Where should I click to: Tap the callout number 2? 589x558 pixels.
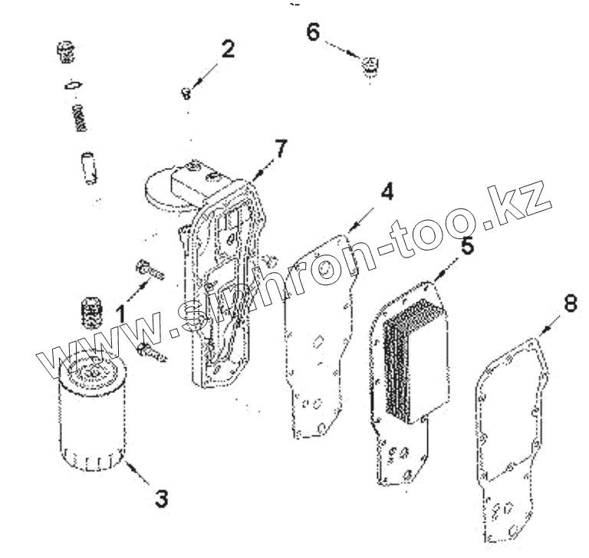click(x=227, y=50)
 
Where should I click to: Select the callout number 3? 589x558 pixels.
click(x=160, y=497)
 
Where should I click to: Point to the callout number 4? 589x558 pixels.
click(x=387, y=191)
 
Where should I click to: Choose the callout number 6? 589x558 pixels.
click(x=313, y=32)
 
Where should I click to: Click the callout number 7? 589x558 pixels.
click(x=281, y=149)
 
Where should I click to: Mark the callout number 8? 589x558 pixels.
click(x=569, y=303)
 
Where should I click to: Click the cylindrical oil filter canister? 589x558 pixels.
click(x=90, y=414)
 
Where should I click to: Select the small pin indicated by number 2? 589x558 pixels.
click(x=186, y=94)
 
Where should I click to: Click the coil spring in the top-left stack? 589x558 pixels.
click(x=78, y=117)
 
